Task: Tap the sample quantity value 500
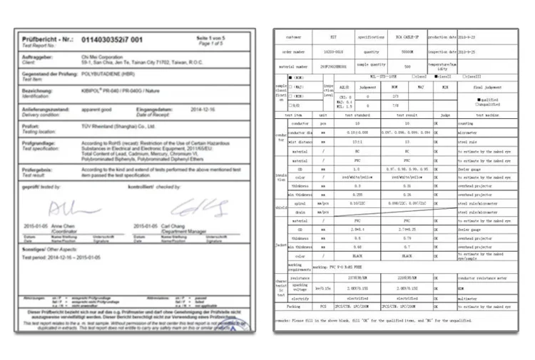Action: pos(407,66)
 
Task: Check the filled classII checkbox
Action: pos(437,76)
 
